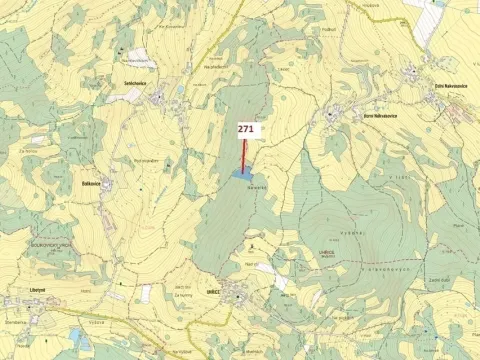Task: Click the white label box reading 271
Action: click(247, 129)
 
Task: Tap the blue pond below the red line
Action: click(241, 174)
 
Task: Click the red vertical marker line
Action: click(244, 154)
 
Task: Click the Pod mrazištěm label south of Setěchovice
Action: click(145, 160)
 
